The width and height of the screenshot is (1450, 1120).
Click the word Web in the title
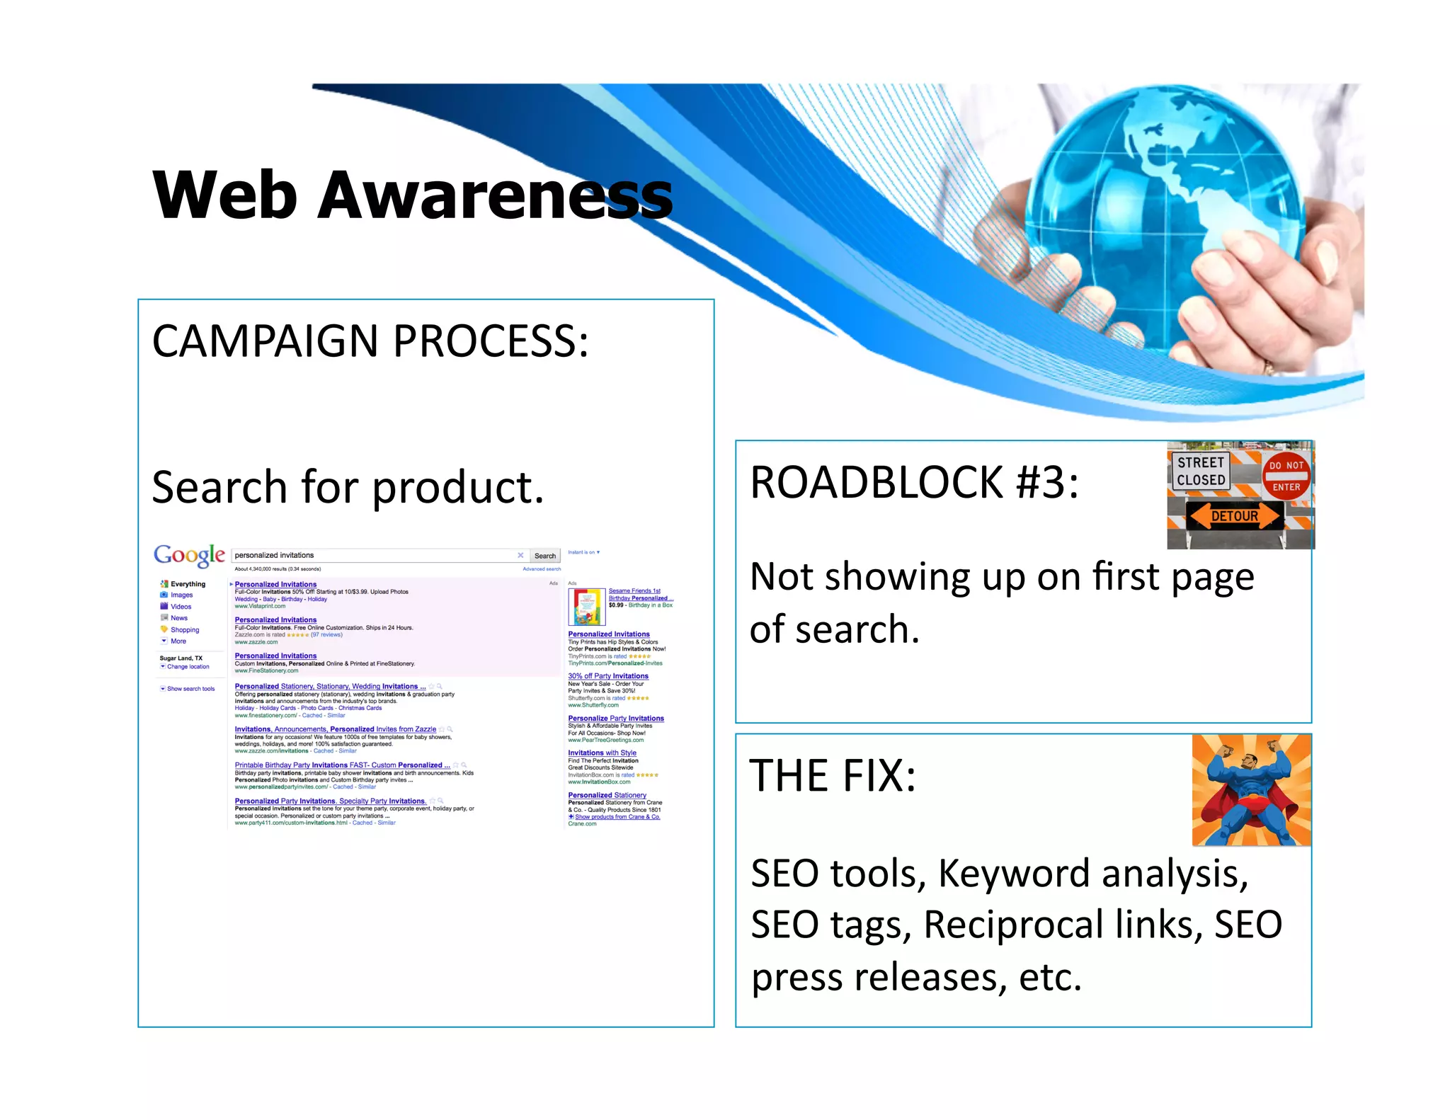224,195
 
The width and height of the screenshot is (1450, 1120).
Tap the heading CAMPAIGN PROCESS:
370,341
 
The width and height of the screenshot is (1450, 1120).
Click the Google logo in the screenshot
189,555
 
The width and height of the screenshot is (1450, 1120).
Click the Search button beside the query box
544,556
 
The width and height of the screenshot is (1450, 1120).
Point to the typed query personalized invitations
274,555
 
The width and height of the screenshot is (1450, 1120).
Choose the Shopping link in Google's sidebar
184,629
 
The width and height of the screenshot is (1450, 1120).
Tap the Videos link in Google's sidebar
181,607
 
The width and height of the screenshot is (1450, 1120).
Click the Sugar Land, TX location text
181,658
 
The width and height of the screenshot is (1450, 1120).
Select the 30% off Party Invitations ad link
607,676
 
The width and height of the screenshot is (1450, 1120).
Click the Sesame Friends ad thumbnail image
586,605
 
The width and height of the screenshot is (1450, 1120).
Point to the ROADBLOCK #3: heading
914,483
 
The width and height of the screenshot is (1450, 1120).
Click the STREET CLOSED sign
1201,472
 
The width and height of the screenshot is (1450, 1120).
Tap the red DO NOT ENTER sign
1286,476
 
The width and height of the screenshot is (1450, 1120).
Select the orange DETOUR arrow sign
1234,516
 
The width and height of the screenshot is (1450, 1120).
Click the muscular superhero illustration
1250,790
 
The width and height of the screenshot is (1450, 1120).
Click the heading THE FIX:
833,776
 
